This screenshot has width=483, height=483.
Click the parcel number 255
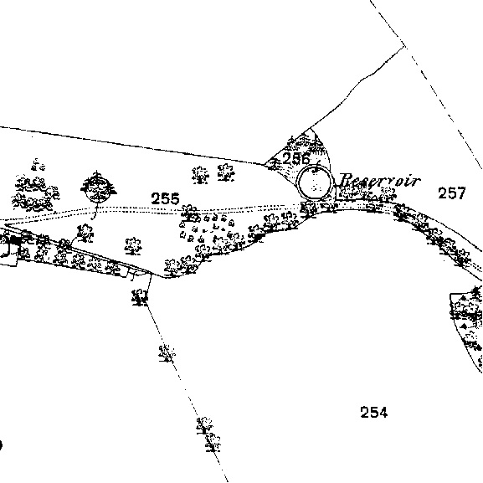pyautogui.click(x=165, y=198)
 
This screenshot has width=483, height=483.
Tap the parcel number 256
pyautogui.click(x=295, y=159)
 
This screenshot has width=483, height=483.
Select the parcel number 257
pyautogui.click(x=451, y=193)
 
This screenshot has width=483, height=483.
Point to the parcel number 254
pyautogui.click(x=373, y=412)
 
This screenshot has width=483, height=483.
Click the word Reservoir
pyautogui.click(x=380, y=181)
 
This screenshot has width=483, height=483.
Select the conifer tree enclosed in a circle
pyautogui.click(x=98, y=187)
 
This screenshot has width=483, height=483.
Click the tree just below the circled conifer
pyautogui.click(x=85, y=234)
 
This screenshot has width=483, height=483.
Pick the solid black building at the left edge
pyautogui.click(x=15, y=240)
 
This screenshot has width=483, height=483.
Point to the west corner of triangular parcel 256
pyautogui.click(x=265, y=165)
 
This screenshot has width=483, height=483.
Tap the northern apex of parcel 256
pyautogui.click(x=311, y=128)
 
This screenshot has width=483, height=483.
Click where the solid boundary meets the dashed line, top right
pyautogui.click(x=404, y=46)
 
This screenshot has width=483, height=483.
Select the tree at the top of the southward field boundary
pyautogui.click(x=140, y=297)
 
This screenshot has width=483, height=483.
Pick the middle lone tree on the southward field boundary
pyautogui.click(x=167, y=353)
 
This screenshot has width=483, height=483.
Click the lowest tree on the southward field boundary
pyautogui.click(x=213, y=442)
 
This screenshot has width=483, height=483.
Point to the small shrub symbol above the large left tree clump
pyautogui.click(x=39, y=165)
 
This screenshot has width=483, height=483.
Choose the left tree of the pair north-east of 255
pyautogui.click(x=200, y=175)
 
